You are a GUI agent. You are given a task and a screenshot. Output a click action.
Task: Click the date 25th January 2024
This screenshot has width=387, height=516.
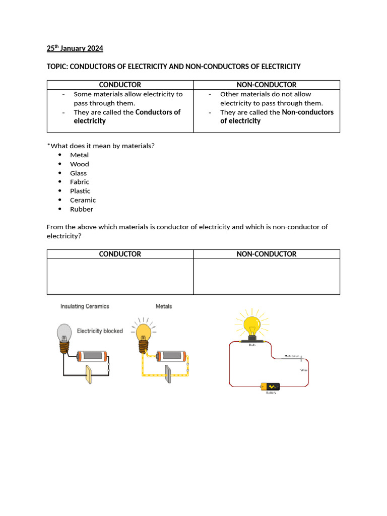75,48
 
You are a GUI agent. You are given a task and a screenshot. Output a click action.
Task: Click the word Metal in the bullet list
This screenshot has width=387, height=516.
79,155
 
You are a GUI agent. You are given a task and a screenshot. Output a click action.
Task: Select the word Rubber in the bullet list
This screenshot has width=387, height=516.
82,209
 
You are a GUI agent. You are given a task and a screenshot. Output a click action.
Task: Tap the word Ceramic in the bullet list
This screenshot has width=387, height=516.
83,200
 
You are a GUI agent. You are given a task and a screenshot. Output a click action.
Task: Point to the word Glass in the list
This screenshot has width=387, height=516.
78,173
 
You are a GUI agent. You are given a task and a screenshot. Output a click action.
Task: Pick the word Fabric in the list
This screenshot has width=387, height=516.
80,182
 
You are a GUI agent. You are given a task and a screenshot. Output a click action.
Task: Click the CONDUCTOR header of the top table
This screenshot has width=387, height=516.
120,85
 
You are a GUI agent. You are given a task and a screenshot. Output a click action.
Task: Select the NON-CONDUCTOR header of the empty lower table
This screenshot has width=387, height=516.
267,254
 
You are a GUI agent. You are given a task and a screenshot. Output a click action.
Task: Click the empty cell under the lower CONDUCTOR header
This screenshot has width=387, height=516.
120,276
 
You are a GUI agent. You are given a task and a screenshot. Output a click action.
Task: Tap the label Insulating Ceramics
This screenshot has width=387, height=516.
85,306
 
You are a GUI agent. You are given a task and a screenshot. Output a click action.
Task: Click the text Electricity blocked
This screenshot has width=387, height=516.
100,331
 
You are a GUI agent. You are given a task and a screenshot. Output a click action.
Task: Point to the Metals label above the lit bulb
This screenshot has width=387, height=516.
164,306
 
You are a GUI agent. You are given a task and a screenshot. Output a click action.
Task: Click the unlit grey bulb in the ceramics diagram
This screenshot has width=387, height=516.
63,333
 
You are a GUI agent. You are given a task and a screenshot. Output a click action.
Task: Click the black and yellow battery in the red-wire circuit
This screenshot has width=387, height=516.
271,387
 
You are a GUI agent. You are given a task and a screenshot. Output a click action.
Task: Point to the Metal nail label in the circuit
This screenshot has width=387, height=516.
292,356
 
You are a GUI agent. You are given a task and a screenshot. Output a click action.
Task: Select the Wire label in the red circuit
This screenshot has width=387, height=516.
304,370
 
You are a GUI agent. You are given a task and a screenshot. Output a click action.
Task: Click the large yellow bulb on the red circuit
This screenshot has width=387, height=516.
251,325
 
